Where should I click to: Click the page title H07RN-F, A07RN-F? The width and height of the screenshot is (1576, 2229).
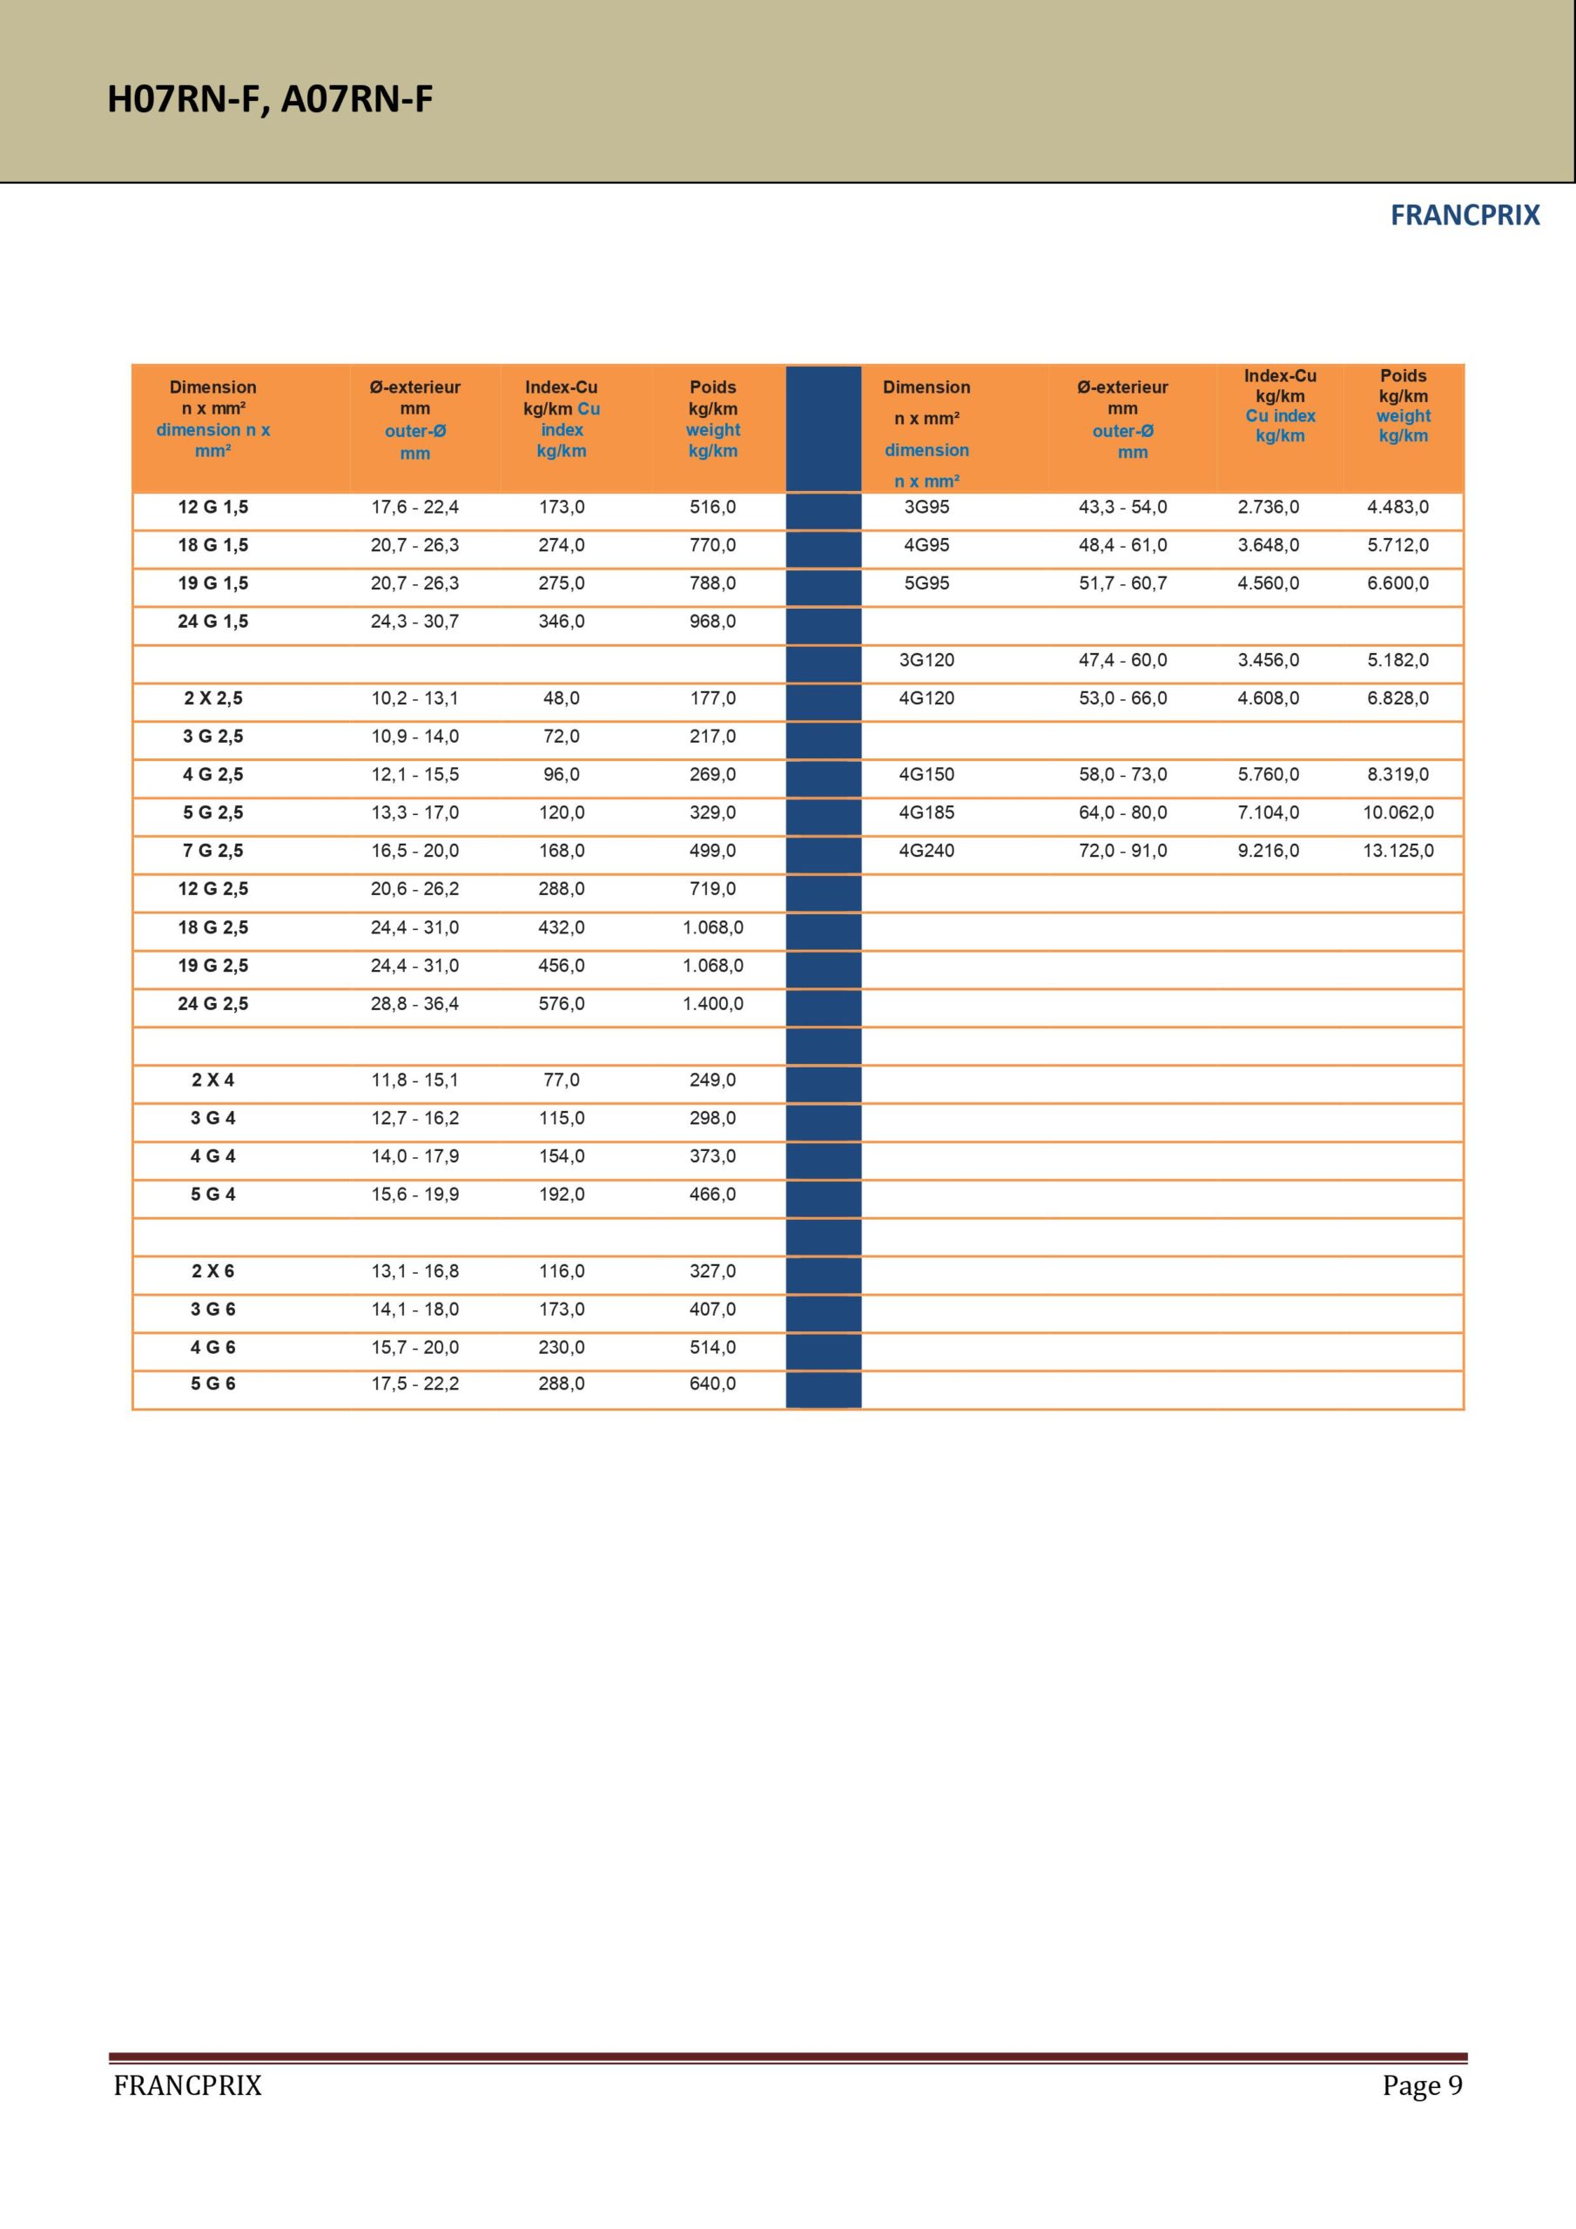click(x=269, y=99)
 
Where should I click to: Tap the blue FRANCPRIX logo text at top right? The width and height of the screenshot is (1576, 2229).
click(x=1465, y=216)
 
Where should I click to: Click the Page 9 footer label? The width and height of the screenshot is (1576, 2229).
click(x=1422, y=2085)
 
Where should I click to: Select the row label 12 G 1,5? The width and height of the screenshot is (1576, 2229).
click(x=212, y=507)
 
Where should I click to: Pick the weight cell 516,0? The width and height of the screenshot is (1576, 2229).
click(x=713, y=507)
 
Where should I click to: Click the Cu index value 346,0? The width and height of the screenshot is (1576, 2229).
click(x=562, y=622)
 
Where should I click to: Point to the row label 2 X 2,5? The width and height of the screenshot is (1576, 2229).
click(x=212, y=698)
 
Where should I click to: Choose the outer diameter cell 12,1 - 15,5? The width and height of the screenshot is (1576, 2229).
click(x=414, y=775)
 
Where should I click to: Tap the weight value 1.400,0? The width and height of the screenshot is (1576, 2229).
click(x=713, y=1004)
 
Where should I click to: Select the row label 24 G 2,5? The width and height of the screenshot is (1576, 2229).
click(x=212, y=1004)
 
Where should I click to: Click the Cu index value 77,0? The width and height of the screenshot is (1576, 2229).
click(x=562, y=1080)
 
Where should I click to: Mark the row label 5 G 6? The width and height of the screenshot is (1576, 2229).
click(x=212, y=1384)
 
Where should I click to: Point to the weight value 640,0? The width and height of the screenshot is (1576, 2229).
click(x=713, y=1384)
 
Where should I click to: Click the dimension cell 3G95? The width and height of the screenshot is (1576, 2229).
click(x=926, y=507)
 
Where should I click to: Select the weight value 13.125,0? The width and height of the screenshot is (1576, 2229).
click(x=1398, y=851)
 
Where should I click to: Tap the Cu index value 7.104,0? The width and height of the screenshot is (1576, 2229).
click(x=1268, y=812)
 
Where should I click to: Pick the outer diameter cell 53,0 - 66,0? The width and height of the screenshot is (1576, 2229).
click(x=1122, y=698)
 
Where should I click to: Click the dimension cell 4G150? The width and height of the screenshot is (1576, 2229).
click(x=926, y=775)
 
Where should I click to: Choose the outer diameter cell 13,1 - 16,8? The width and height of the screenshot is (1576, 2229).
click(x=414, y=1271)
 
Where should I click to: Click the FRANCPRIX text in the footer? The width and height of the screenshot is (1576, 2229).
click(x=187, y=2085)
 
